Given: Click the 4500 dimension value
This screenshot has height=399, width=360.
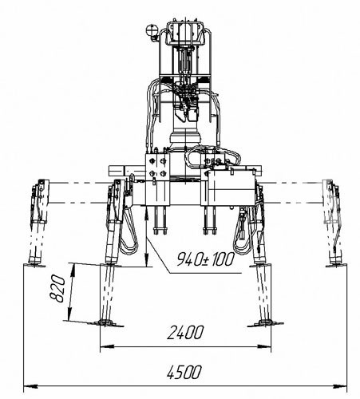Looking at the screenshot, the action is (x=184, y=372).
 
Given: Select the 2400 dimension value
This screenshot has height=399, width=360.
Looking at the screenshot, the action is (x=185, y=333).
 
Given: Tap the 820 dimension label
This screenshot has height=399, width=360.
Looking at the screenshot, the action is (x=57, y=289).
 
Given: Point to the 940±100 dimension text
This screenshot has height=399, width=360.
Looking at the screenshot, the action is (x=206, y=259).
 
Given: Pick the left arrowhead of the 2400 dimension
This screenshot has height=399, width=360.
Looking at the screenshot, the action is (x=107, y=346).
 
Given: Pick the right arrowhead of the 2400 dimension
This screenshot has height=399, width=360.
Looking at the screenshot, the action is (x=264, y=346).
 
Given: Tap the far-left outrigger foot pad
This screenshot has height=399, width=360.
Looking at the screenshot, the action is (x=34, y=265).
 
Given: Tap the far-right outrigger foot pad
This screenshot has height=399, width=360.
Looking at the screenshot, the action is (x=336, y=265).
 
